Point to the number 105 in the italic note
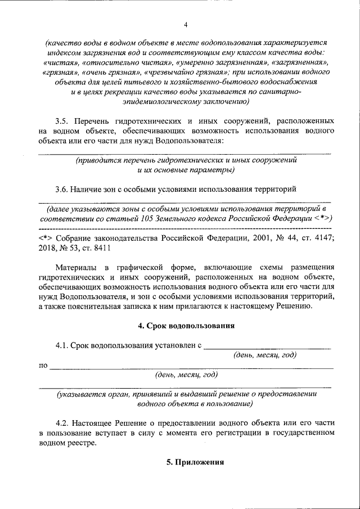click(160, 218)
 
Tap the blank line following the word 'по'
click(191, 367)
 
